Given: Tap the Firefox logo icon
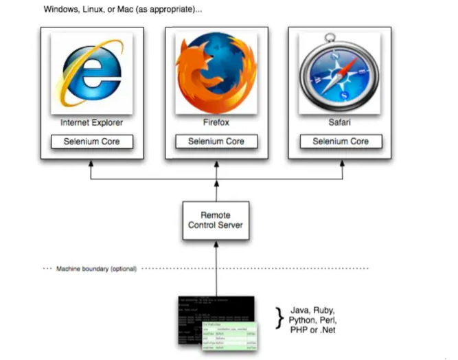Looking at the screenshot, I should pyautogui.click(x=216, y=74).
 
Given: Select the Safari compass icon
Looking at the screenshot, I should pyautogui.click(x=340, y=74).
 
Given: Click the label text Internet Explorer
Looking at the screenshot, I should pyautogui.click(x=92, y=123).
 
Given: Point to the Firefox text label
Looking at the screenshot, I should pyautogui.click(x=216, y=123).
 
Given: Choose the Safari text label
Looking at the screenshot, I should pyautogui.click(x=340, y=123).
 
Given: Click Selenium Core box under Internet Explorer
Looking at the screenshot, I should pyautogui.click(x=92, y=142).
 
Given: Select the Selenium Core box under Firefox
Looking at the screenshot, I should pyautogui.click(x=216, y=142).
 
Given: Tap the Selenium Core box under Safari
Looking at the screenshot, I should pyautogui.click(x=340, y=142).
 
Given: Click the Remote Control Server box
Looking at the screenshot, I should pyautogui.click(x=216, y=220).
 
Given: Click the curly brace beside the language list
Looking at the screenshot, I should pyautogui.click(x=279, y=317).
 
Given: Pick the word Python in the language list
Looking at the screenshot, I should pyautogui.click(x=301, y=320).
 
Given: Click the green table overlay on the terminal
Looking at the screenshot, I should pyautogui.click(x=229, y=336).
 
